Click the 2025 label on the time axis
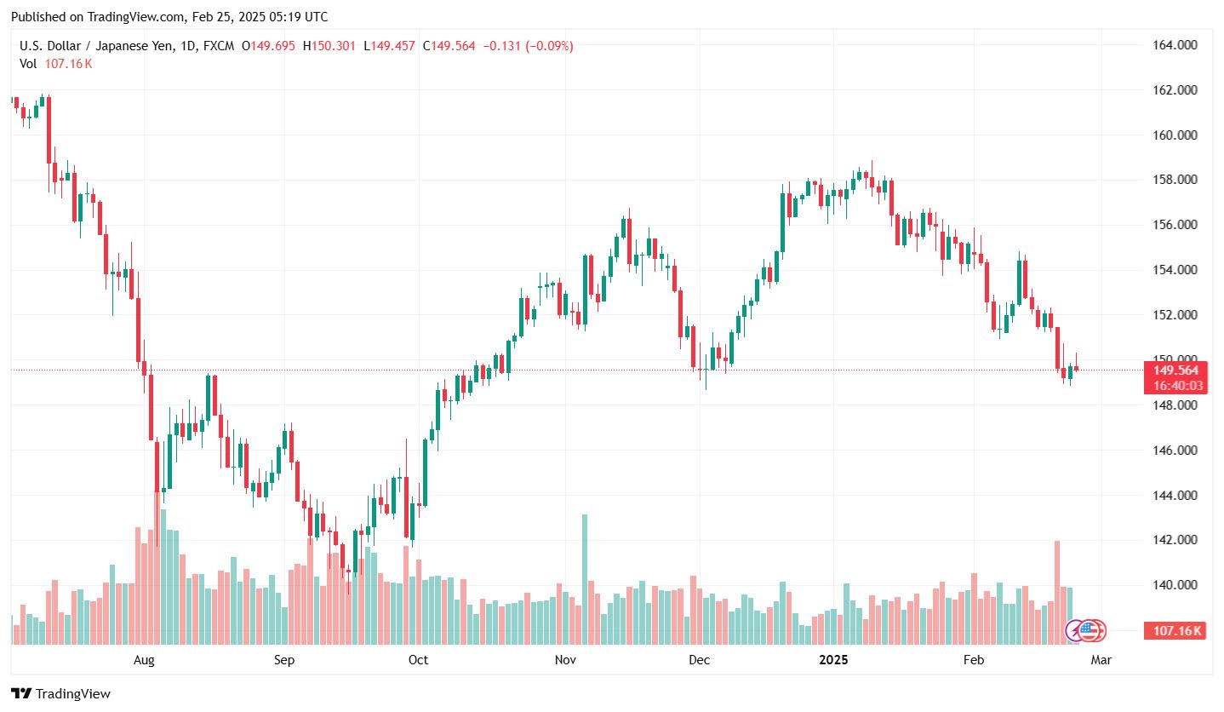pyautogui.click(x=833, y=660)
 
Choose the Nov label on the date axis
pyautogui.click(x=565, y=660)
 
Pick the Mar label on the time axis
pyautogui.click(x=1101, y=660)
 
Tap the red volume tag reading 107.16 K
pyautogui.click(x=1178, y=631)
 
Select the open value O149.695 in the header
pyautogui.click(x=268, y=46)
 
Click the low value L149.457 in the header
pyautogui.click(x=389, y=46)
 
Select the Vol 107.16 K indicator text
pyautogui.click(x=56, y=63)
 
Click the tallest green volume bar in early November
pyautogui.click(x=585, y=579)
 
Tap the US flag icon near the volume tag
pyautogui.click(x=1090, y=630)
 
